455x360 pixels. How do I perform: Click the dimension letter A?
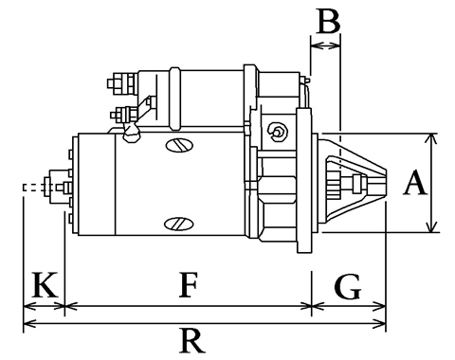(x=415, y=182)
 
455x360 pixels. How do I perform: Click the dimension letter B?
(x=328, y=21)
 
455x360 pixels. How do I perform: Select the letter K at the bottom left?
(x=45, y=284)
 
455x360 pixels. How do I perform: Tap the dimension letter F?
(x=189, y=284)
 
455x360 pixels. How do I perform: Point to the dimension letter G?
(x=348, y=286)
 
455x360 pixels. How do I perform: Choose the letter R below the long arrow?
(x=192, y=341)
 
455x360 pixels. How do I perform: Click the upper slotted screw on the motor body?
(x=179, y=145)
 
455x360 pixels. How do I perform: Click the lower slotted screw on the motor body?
(x=179, y=224)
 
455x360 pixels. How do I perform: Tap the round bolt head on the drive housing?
(x=278, y=131)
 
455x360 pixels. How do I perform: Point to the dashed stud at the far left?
(x=34, y=188)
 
